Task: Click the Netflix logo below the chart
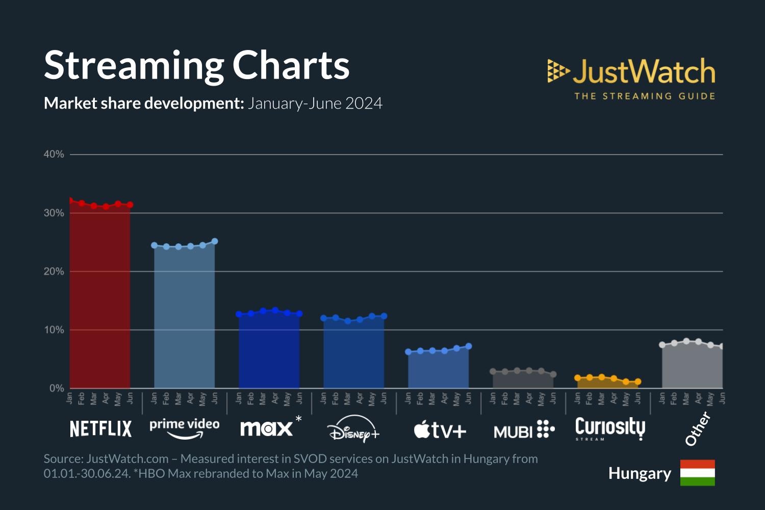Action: click(100, 428)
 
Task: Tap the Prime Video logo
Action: click(184, 427)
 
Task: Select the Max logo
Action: click(266, 428)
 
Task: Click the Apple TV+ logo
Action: click(440, 430)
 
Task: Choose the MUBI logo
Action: click(524, 430)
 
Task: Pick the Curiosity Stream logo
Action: click(610, 428)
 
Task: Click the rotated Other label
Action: click(698, 428)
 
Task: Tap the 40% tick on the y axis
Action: click(54, 154)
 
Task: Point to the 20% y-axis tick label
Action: click(54, 271)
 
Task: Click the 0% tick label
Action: click(56, 388)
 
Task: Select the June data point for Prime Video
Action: click(215, 241)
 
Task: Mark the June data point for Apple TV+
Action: click(469, 346)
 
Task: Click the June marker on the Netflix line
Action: click(130, 205)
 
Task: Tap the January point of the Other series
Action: click(662, 345)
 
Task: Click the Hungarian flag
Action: click(697, 473)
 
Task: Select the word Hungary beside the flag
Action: click(640, 473)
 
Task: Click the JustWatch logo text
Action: click(643, 71)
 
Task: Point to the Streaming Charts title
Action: click(196, 65)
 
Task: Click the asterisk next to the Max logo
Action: click(298, 419)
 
